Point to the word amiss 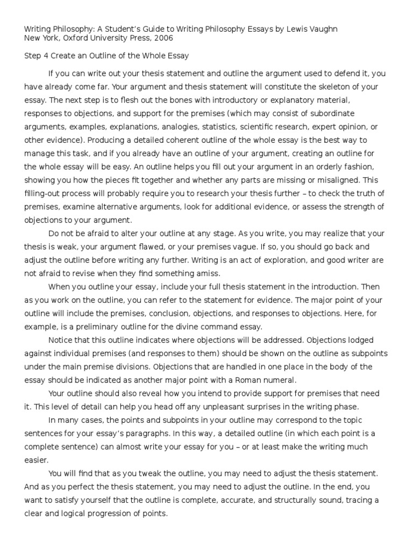(x=188, y=273)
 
